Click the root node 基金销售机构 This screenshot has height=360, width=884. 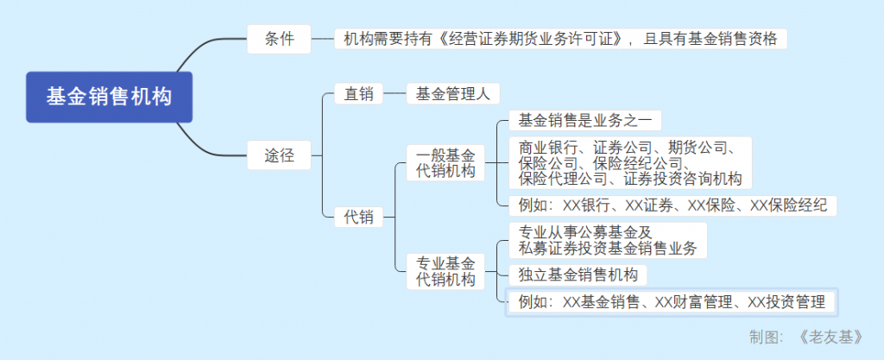pos(109,96)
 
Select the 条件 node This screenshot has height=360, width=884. pos(279,39)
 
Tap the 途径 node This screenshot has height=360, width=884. pos(279,156)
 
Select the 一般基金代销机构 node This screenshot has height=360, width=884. pos(445,163)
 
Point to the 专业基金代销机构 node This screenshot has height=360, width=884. pos(445,271)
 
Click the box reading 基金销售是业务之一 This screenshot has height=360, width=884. pos(584,121)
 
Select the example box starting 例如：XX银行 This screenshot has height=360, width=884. pos(672,205)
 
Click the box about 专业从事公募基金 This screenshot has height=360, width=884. pos(607,241)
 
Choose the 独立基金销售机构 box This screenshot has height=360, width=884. pos(578,275)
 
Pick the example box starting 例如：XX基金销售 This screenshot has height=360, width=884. pos(672,302)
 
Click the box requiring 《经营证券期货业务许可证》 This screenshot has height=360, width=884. pos(560,39)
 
